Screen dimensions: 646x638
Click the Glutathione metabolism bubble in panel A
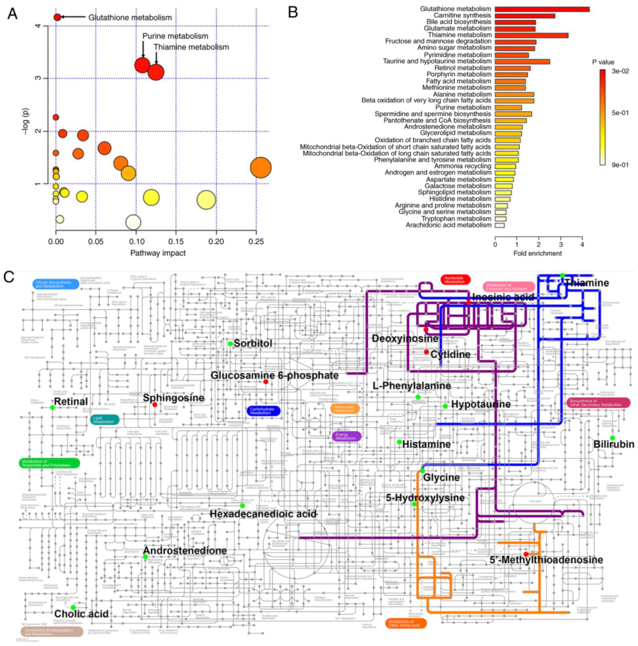click(57, 17)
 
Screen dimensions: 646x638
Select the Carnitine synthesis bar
click(524, 16)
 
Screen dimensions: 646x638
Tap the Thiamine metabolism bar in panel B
click(531, 35)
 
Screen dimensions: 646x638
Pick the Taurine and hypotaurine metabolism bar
click(522, 62)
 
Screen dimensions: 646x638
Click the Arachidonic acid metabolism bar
click(499, 225)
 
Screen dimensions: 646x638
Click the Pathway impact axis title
click(158, 253)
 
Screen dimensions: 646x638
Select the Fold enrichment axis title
click(537, 253)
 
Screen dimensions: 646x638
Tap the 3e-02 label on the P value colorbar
click(620, 71)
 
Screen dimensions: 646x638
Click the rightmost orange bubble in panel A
click(261, 167)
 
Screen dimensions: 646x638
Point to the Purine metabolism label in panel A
click(175, 36)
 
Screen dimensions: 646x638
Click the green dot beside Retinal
click(52, 407)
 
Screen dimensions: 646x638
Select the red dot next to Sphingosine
click(155, 404)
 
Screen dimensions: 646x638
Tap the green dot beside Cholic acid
click(73, 607)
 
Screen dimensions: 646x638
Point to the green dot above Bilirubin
click(612, 438)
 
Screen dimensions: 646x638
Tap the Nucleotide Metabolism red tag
click(455, 280)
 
